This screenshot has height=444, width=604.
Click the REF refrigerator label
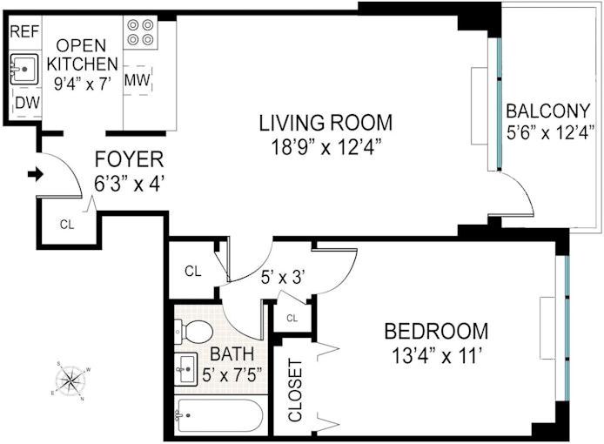tap(24, 31)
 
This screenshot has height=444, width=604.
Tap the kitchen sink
tap(23, 70)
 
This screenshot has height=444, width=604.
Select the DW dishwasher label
tap(27, 103)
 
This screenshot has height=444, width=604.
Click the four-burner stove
tap(140, 32)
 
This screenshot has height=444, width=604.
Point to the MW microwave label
tap(138, 80)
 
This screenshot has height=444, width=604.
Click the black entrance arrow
tap(36, 174)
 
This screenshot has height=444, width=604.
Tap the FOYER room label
tap(129, 159)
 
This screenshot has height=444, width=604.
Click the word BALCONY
tap(547, 111)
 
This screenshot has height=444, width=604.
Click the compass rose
tap(70, 381)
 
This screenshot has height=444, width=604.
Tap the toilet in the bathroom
tap(194, 332)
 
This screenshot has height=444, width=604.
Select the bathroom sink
tap(186, 369)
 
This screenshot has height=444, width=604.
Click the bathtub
tap(218, 415)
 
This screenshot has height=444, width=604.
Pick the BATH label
tap(232, 353)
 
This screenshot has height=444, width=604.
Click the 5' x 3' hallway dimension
tap(283, 277)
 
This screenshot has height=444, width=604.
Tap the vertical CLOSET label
tap(295, 390)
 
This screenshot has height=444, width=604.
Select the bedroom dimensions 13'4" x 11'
tap(437, 356)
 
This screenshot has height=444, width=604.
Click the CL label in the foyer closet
tap(67, 225)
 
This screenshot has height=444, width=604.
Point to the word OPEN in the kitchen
tap(81, 45)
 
